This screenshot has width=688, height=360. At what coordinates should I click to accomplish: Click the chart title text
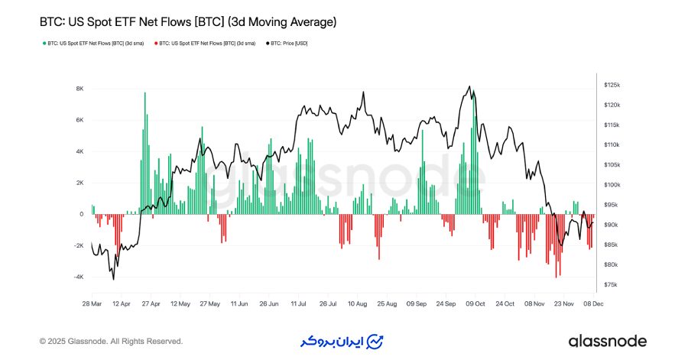(x=187, y=23)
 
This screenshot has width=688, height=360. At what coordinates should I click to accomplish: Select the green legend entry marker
(x=44, y=44)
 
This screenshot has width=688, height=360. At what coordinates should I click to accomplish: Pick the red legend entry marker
(x=155, y=44)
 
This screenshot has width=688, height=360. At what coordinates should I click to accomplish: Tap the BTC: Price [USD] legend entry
(x=287, y=44)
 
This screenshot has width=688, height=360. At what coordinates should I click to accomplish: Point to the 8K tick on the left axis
(x=79, y=89)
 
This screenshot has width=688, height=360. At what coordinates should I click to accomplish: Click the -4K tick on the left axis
(x=78, y=277)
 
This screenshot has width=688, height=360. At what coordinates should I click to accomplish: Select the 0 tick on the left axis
(x=81, y=214)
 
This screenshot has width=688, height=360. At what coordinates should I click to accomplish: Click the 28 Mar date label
(x=92, y=303)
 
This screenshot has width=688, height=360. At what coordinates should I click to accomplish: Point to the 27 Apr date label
(x=150, y=303)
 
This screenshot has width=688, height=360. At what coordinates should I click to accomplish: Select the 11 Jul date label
(x=297, y=303)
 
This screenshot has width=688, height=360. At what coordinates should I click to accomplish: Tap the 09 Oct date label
(x=475, y=303)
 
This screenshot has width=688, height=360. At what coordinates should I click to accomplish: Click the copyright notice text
(x=111, y=341)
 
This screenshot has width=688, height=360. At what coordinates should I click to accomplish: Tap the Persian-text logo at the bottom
(x=339, y=341)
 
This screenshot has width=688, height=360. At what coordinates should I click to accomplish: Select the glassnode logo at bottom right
(x=608, y=341)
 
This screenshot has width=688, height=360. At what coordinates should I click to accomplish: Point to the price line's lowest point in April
(x=113, y=279)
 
